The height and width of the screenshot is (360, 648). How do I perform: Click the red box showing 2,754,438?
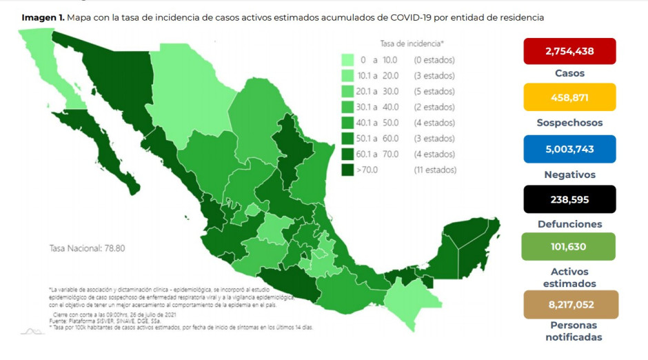point(569,51)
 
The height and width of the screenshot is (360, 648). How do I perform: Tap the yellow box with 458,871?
point(569,97)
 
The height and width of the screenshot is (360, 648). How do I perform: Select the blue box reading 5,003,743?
point(569,148)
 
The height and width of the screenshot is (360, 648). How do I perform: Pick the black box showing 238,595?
point(569,199)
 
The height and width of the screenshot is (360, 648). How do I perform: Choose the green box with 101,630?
point(569,247)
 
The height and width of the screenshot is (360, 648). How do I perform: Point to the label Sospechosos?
point(569,123)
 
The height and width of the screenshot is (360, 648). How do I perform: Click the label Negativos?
point(569,174)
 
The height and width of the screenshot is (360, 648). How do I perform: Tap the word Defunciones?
point(569,224)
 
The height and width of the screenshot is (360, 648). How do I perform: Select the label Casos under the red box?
point(569,73)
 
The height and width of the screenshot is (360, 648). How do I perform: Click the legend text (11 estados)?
point(434,170)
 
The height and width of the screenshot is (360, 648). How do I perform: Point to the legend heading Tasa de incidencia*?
point(412,43)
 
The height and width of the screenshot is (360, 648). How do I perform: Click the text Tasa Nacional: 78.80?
point(86,248)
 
